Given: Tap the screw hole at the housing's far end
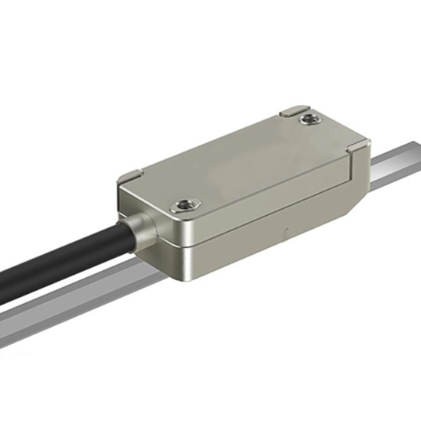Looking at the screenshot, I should [x=308, y=119].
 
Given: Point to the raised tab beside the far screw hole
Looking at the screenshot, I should [x=292, y=112].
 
